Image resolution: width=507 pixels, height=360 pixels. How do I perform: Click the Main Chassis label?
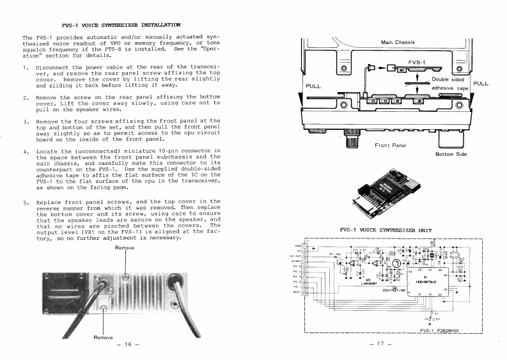pyautogui.click(x=398, y=43)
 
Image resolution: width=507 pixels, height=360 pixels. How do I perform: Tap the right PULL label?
pyautogui.click(x=481, y=83)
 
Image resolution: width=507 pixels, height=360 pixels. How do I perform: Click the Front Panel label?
pyautogui.click(x=391, y=145)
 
